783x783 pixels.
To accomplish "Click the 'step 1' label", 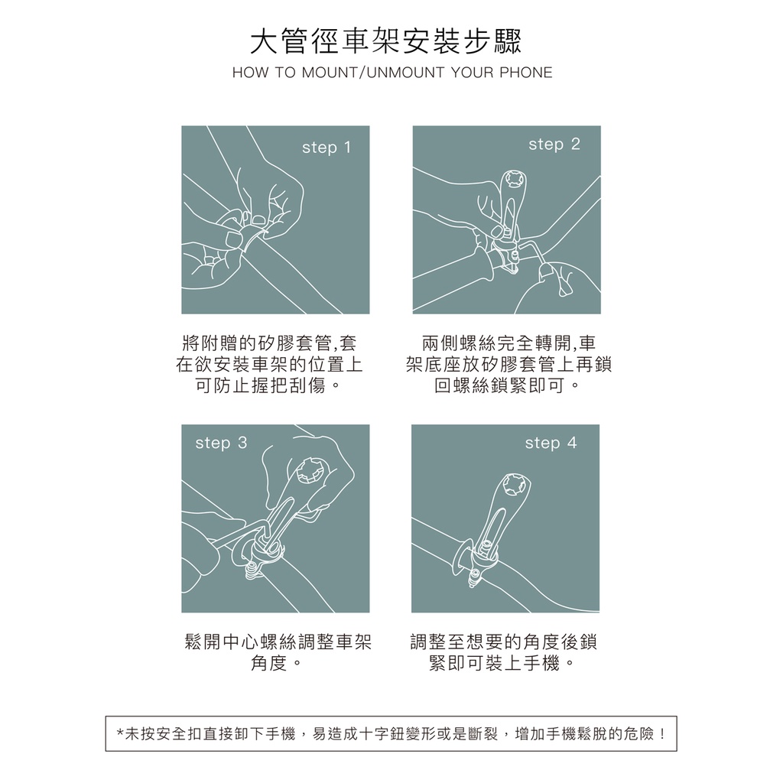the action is [x=327, y=148].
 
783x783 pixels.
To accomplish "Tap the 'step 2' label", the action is [x=554, y=145].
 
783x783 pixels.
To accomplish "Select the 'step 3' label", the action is [x=221, y=443].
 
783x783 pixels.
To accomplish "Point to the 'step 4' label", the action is [x=551, y=443].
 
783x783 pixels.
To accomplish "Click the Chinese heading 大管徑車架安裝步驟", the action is [x=385, y=41].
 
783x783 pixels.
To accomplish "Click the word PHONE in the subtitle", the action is [x=526, y=73].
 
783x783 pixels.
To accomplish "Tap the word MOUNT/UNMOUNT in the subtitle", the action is [x=373, y=73].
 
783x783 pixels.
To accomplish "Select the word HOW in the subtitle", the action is [x=251, y=73].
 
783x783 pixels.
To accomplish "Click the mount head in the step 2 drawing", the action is [x=515, y=179].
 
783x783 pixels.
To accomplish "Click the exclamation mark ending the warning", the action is [x=662, y=734].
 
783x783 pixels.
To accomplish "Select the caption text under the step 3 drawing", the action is [x=278, y=652].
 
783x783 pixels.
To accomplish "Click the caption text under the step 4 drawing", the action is [x=503, y=652].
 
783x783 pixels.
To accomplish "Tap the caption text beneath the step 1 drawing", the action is [x=268, y=365].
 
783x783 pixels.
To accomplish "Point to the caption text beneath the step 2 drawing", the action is [x=508, y=365].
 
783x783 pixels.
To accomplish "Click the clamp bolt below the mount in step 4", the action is [x=473, y=578].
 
